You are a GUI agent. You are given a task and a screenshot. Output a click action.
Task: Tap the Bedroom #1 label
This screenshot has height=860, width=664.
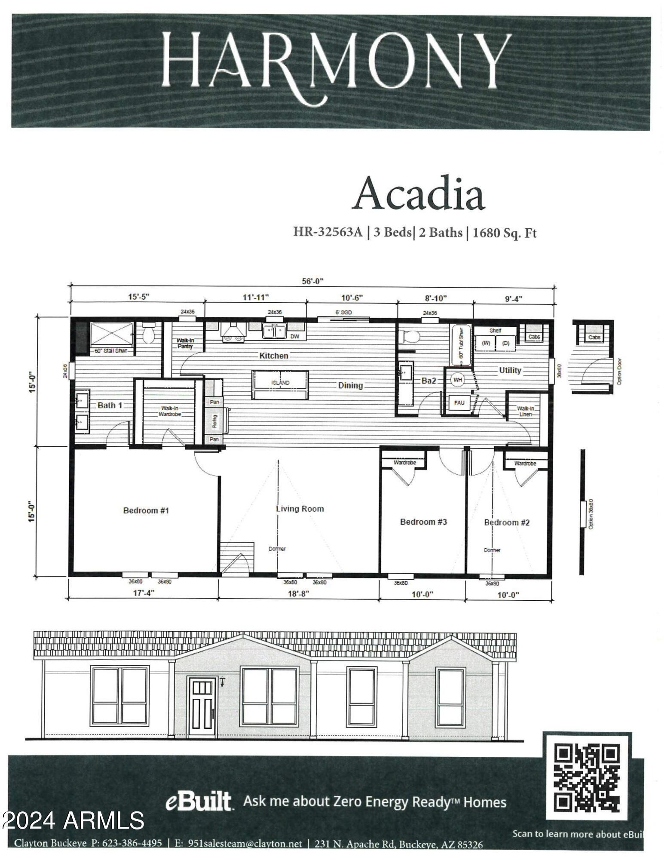coord(146,510)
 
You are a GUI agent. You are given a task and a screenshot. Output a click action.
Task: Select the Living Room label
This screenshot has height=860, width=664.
coord(300,509)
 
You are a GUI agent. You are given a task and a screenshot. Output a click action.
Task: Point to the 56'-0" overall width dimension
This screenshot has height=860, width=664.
coord(312,281)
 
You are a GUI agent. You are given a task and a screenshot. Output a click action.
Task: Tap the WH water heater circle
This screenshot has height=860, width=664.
coord(457,380)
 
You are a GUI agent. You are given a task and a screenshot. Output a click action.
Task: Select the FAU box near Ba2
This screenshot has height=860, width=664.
coord(459,403)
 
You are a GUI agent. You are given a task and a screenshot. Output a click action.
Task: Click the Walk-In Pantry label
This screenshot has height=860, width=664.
coord(185,343)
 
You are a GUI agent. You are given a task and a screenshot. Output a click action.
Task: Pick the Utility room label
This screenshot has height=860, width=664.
coord(510,370)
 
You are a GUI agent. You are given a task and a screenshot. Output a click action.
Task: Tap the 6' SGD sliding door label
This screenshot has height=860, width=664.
coord(343,312)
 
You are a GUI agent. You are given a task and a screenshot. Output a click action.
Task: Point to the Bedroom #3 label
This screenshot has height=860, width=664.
coord(423,522)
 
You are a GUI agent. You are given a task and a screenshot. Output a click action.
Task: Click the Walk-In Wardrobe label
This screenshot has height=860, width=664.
coord(169,411)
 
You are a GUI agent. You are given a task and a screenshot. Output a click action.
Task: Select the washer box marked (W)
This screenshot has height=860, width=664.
coord(486,343)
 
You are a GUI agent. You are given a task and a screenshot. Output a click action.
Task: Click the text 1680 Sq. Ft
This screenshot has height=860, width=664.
coord(505,233)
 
